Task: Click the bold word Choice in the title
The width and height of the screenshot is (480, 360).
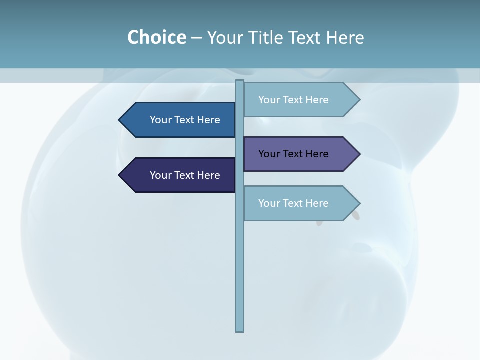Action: point(156,37)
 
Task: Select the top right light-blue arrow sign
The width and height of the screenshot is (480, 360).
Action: point(300,100)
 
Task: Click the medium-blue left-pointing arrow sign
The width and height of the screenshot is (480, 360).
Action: point(180,120)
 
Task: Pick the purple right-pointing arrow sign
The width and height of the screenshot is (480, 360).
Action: point(300,154)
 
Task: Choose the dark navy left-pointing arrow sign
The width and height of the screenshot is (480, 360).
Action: point(180,175)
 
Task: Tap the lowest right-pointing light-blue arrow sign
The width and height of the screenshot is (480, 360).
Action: point(300,203)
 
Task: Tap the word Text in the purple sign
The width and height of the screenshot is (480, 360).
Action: point(294,154)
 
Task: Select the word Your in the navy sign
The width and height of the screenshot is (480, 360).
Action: point(161,175)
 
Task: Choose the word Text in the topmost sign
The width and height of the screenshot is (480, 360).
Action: point(294,100)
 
